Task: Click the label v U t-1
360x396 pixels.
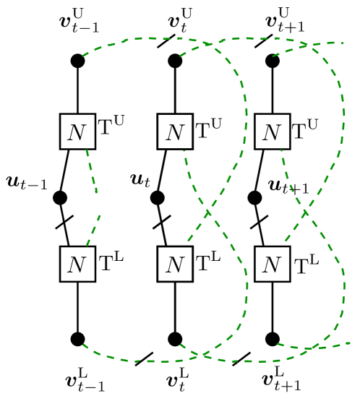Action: (x=79, y=21)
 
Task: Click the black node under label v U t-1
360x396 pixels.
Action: (x=77, y=61)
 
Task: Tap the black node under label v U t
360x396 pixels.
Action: (x=175, y=61)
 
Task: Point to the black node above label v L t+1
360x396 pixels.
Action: (x=273, y=339)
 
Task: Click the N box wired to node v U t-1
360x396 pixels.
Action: (x=77, y=132)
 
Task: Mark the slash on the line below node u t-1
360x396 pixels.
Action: (x=65, y=223)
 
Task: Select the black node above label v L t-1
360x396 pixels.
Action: (x=78, y=339)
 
